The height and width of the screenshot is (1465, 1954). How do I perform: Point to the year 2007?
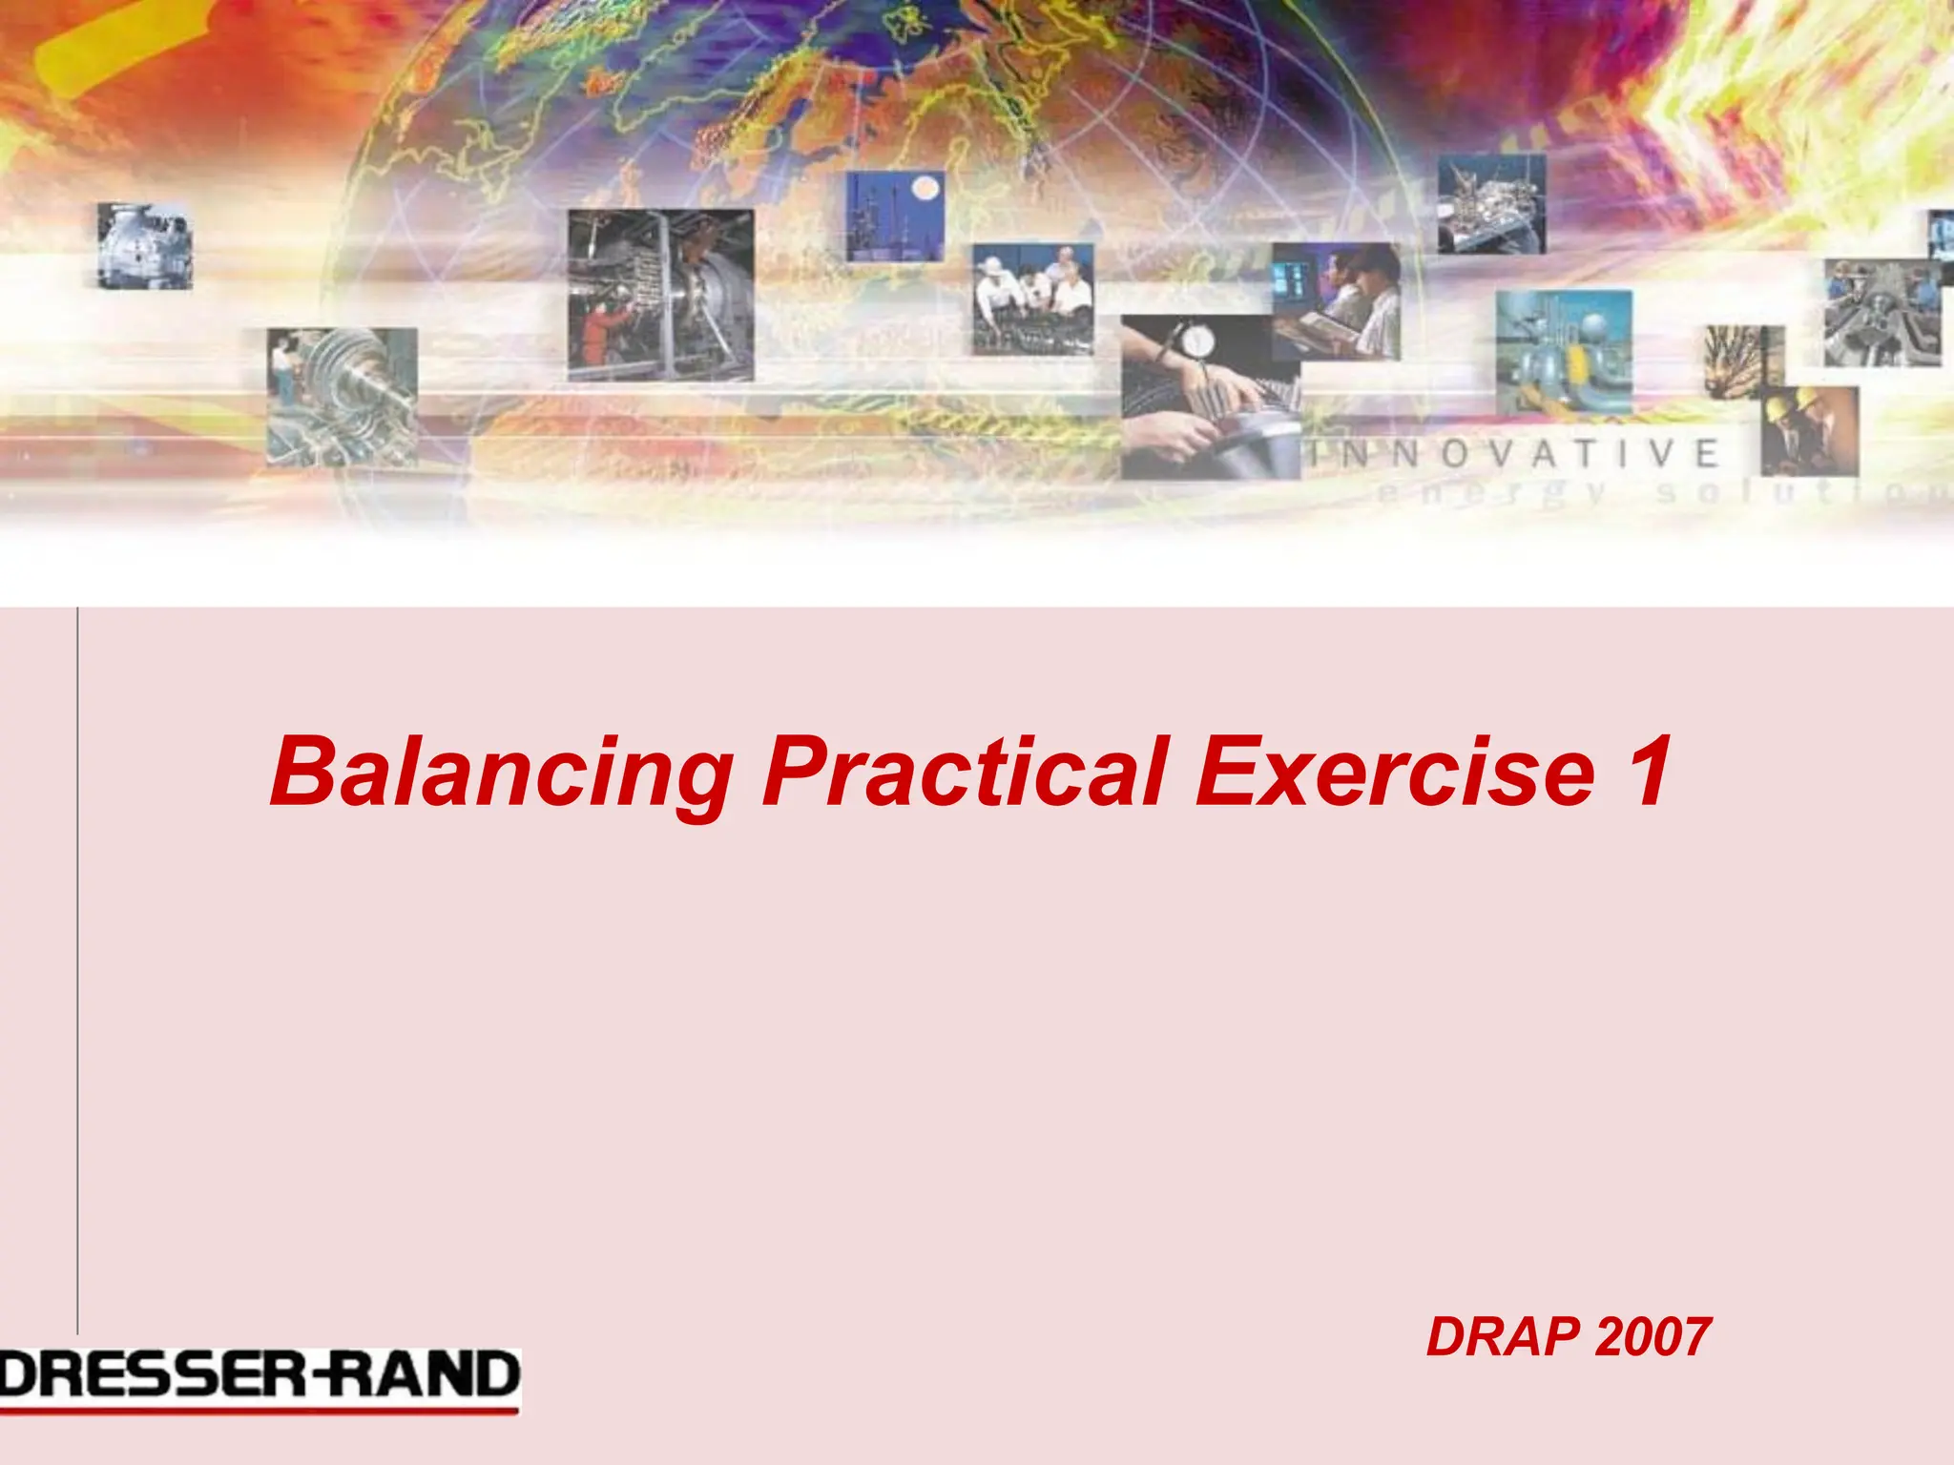pyautogui.click(x=1653, y=1337)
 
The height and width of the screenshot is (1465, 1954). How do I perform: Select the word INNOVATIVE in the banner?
pyautogui.click(x=1517, y=454)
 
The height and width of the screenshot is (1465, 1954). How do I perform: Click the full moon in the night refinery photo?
pyautogui.click(x=924, y=190)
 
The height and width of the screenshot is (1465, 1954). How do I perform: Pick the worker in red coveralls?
pyautogui.click(x=598, y=334)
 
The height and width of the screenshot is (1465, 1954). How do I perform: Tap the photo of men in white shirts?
pyautogui.click(x=1032, y=299)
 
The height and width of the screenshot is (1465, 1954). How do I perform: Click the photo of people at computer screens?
pyautogui.click(x=1336, y=300)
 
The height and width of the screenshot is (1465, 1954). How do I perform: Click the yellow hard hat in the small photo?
pyautogui.click(x=1782, y=408)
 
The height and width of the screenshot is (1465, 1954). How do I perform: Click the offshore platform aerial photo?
pyautogui.click(x=1491, y=205)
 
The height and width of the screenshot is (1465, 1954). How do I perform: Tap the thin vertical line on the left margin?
pyautogui.click(x=77, y=954)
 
